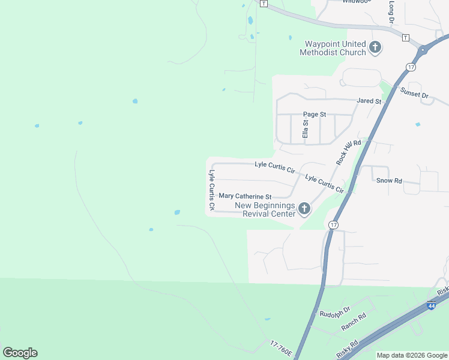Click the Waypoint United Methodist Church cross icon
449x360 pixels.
pyautogui.click(x=375, y=47)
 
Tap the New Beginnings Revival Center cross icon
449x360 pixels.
pyautogui.click(x=304, y=209)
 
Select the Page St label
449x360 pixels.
pyautogui.click(x=314, y=114)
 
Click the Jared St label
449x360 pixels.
pyautogui.click(x=369, y=101)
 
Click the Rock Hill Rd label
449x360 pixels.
pyautogui.click(x=349, y=152)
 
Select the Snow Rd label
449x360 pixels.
pyautogui.click(x=388, y=180)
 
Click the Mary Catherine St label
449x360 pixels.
pyautogui.click(x=245, y=196)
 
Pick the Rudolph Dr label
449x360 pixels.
pyautogui.click(x=334, y=314)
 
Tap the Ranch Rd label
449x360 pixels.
pyautogui.click(x=354, y=322)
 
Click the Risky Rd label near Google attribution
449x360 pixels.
pyautogui.click(x=348, y=349)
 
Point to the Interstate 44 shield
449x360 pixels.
pyautogui.click(x=431, y=306)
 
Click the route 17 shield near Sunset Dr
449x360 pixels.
pyautogui.click(x=411, y=67)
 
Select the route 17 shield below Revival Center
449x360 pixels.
pyautogui.click(x=334, y=224)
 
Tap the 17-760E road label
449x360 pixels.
pyautogui.click(x=281, y=350)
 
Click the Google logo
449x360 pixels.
pyautogui.click(x=20, y=353)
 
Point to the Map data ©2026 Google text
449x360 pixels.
pyautogui.click(x=412, y=355)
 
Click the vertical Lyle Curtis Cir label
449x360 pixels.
pyautogui.click(x=212, y=190)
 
